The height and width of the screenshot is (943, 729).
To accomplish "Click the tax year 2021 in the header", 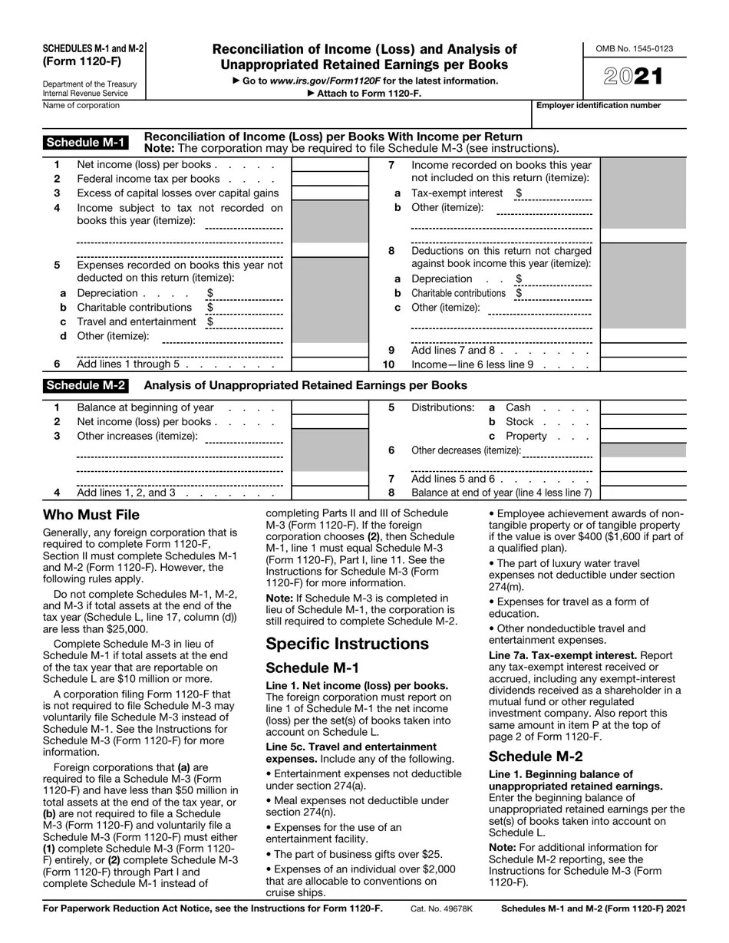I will (634, 76).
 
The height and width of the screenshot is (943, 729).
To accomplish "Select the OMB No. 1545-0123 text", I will (634, 49).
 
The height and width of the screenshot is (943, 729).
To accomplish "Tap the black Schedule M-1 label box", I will (85, 142).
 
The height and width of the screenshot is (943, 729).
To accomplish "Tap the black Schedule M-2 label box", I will (85, 385).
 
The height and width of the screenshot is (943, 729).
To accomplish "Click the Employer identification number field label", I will (598, 105).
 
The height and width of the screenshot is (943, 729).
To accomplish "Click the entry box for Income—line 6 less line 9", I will (642, 364).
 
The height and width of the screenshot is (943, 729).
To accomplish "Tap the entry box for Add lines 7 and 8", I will (642, 350).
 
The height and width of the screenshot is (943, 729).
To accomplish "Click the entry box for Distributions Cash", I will (642, 407).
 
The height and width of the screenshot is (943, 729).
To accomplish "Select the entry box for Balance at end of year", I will (642, 493).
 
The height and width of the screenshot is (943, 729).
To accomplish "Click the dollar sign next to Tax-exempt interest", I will (519, 193).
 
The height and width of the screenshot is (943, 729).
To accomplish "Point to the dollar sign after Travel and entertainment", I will (209, 321).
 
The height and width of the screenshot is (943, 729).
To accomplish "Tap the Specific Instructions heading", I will (347, 643).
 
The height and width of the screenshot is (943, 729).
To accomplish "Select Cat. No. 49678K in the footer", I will (442, 908).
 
